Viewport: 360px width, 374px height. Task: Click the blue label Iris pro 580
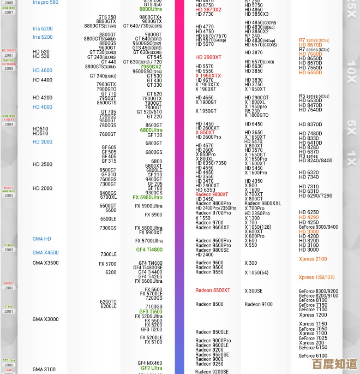click(x=45, y=3)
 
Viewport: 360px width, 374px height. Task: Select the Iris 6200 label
click(x=43, y=28)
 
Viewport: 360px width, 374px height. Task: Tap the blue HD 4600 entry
click(x=43, y=70)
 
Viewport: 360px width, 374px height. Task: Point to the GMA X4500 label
click(x=45, y=253)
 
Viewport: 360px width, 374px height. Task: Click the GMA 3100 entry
click(x=44, y=370)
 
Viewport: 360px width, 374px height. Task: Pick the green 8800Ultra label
click(x=151, y=9)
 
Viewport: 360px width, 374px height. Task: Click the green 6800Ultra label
click(x=151, y=130)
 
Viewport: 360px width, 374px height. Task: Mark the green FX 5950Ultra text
click(x=147, y=198)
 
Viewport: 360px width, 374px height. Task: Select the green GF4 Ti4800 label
click(x=149, y=250)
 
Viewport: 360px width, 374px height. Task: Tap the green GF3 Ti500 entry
click(x=151, y=312)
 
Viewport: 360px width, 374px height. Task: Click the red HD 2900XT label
click(x=208, y=57)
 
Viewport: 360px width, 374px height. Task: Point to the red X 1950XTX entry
click(x=208, y=76)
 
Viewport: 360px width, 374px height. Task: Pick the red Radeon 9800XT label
click(x=212, y=194)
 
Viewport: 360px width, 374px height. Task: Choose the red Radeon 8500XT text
click(x=213, y=290)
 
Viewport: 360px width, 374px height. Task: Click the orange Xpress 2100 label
click(x=313, y=259)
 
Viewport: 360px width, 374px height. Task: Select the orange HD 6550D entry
click(x=310, y=73)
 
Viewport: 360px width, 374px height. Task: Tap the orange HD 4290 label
click(x=309, y=217)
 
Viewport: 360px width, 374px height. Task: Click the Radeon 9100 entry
click(x=259, y=304)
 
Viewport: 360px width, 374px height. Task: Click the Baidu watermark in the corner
click(x=335, y=364)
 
